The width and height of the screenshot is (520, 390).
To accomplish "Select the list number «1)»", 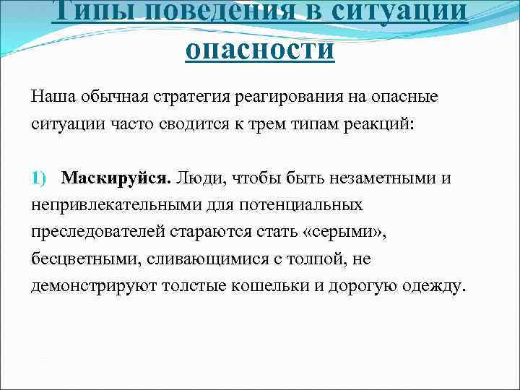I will point(39,178).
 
